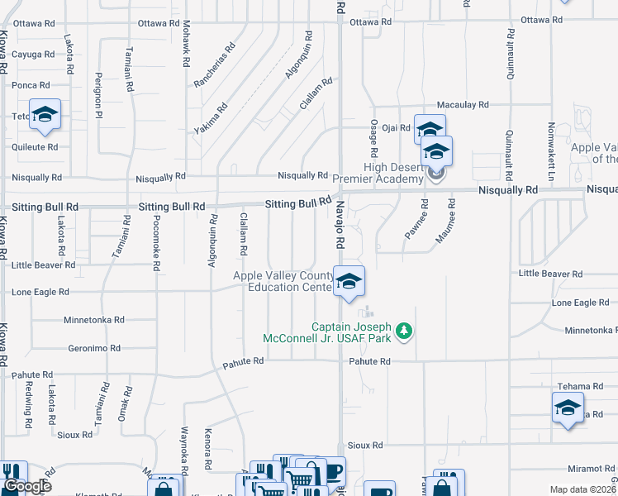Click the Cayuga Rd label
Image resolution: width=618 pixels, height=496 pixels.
pyautogui.click(x=32, y=55)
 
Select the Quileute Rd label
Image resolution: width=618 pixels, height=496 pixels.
pyautogui.click(x=35, y=147)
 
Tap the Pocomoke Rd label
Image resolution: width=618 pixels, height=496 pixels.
pyautogui.click(x=155, y=243)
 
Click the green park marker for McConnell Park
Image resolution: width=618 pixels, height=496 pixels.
pyautogui.click(x=403, y=331)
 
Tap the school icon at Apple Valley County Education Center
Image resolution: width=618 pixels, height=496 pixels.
pyautogui.click(x=349, y=282)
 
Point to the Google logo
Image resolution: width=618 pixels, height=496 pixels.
pyautogui.click(x=28, y=486)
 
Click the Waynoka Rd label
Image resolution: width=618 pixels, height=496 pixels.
pyautogui.click(x=185, y=446)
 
